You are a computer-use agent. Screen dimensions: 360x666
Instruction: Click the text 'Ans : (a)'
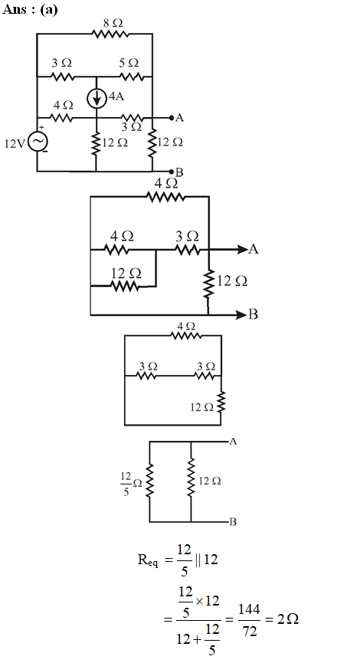coord(30,9)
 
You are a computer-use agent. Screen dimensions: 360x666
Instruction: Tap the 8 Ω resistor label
coord(113,24)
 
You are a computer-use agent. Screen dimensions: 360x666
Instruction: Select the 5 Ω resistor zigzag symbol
coord(132,77)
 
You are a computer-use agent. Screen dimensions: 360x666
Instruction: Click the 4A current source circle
coord(97,99)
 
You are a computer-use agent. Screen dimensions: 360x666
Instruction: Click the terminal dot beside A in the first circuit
coord(172,118)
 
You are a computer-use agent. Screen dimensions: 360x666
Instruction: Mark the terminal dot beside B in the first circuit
coord(172,171)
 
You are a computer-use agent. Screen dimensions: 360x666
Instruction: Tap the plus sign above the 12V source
coord(41,127)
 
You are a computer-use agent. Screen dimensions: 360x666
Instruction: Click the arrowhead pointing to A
coord(242,249)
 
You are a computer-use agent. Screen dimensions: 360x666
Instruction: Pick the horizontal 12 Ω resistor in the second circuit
coord(125,287)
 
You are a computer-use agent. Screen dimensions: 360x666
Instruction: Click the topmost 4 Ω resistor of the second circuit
coord(165,197)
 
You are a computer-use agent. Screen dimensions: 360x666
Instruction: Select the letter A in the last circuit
coord(233,442)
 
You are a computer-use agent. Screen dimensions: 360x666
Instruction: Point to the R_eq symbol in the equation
coord(148,560)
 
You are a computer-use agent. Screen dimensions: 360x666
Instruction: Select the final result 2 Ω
coord(288,619)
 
